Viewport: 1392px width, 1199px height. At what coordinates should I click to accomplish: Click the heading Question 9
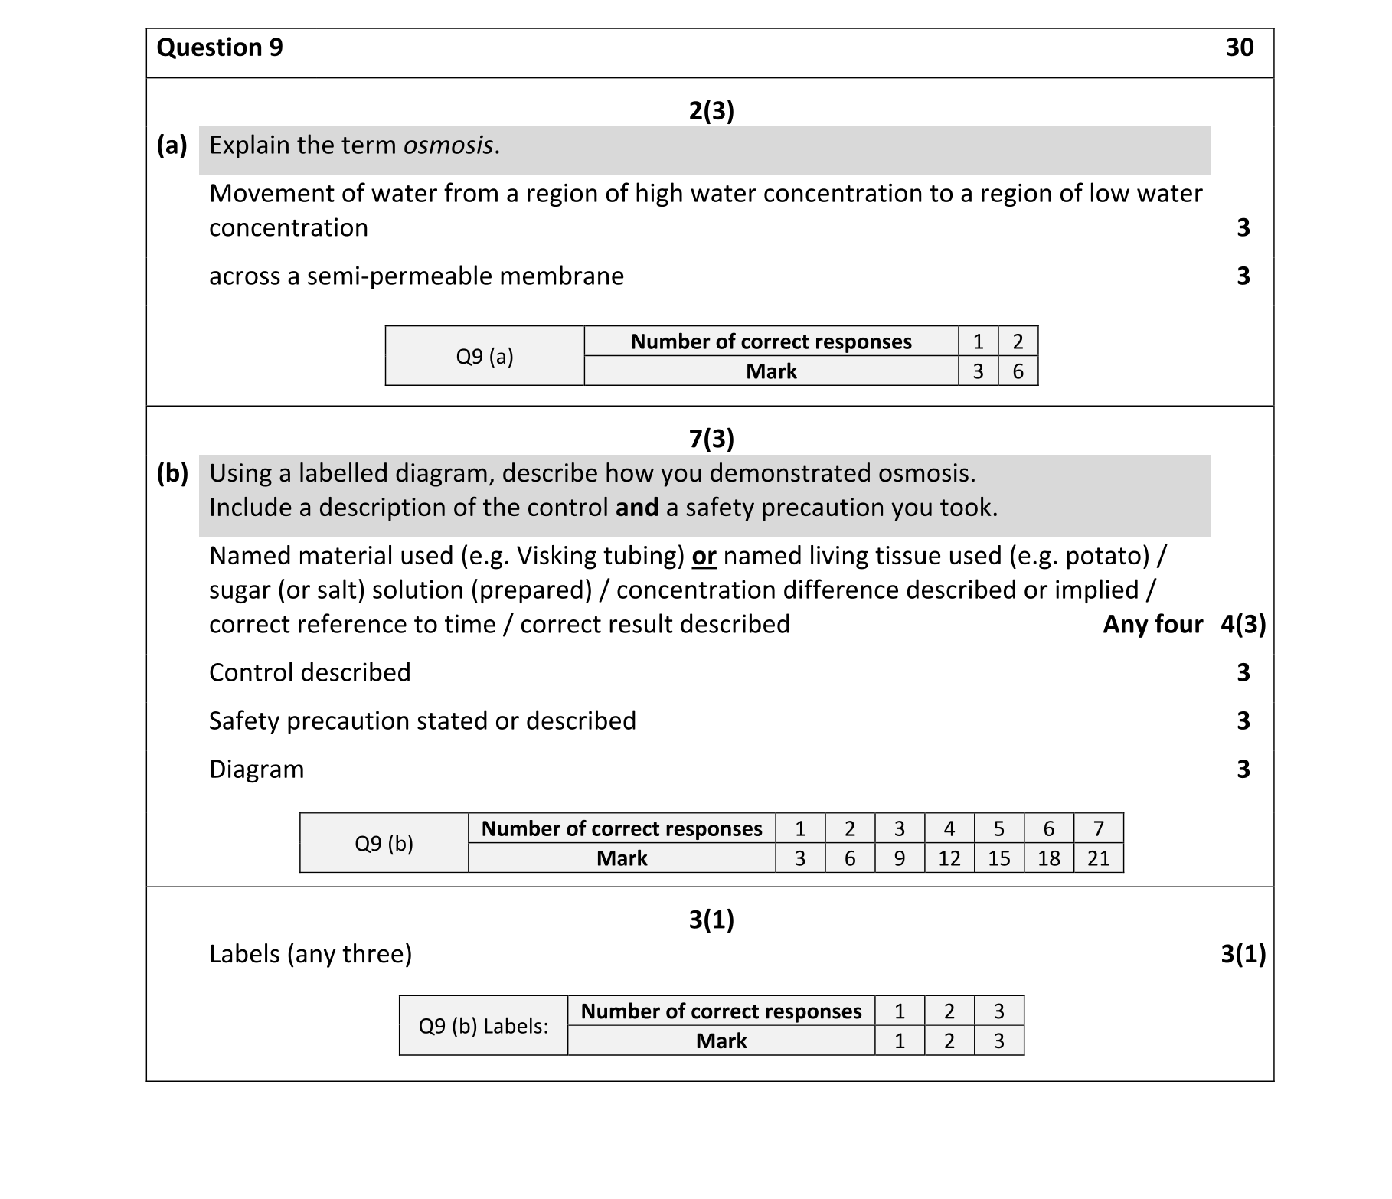click(x=220, y=47)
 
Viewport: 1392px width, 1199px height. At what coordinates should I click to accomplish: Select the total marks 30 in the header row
click(x=1239, y=47)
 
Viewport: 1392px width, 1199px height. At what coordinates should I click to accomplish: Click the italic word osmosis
click(x=448, y=145)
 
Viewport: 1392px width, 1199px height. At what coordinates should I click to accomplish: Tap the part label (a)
click(x=172, y=145)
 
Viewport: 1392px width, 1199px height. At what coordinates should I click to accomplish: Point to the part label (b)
click(x=172, y=473)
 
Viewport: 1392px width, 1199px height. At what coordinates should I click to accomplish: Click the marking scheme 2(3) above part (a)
click(x=711, y=111)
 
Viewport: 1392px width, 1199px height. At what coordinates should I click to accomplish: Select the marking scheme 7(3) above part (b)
click(x=711, y=439)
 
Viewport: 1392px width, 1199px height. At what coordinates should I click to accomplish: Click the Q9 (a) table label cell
click(x=485, y=356)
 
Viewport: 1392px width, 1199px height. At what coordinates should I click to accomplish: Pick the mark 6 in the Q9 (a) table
click(x=1018, y=371)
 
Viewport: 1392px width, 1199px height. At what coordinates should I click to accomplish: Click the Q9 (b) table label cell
click(x=384, y=843)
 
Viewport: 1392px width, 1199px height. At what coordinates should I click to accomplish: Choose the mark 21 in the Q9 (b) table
click(x=1098, y=858)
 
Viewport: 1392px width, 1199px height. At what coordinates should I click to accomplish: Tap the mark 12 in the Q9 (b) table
click(x=949, y=858)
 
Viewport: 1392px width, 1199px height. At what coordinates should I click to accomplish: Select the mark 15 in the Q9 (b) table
click(x=998, y=858)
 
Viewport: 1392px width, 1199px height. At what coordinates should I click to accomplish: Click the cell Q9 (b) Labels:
click(x=483, y=1026)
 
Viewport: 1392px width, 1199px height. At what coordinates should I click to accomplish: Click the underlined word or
click(x=704, y=556)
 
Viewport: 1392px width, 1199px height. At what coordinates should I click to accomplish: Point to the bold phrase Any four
click(x=1152, y=625)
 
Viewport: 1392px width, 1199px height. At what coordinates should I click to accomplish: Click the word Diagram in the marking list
click(x=257, y=769)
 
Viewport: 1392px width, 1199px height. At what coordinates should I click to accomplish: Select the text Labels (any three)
click(x=310, y=954)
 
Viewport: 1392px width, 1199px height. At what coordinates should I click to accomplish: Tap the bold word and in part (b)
click(x=637, y=508)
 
